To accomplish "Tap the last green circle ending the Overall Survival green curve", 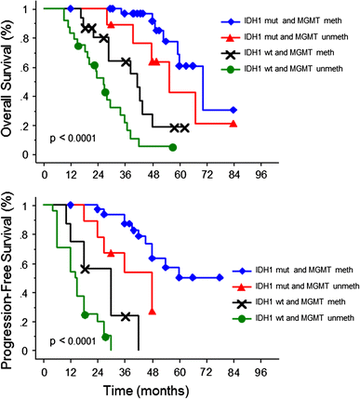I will tap(173, 147).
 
